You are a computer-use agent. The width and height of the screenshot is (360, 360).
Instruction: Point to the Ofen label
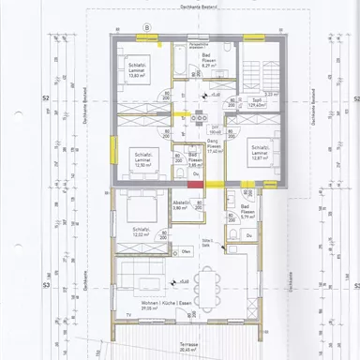click(187, 251)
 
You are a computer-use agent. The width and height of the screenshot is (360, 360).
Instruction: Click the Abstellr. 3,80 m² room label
click(182, 205)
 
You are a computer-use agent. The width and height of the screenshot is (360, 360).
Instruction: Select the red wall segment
click(194, 185)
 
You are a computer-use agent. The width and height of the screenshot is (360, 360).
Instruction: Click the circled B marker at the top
click(147, 27)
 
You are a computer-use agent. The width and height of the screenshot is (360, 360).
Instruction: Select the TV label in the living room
click(128, 314)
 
